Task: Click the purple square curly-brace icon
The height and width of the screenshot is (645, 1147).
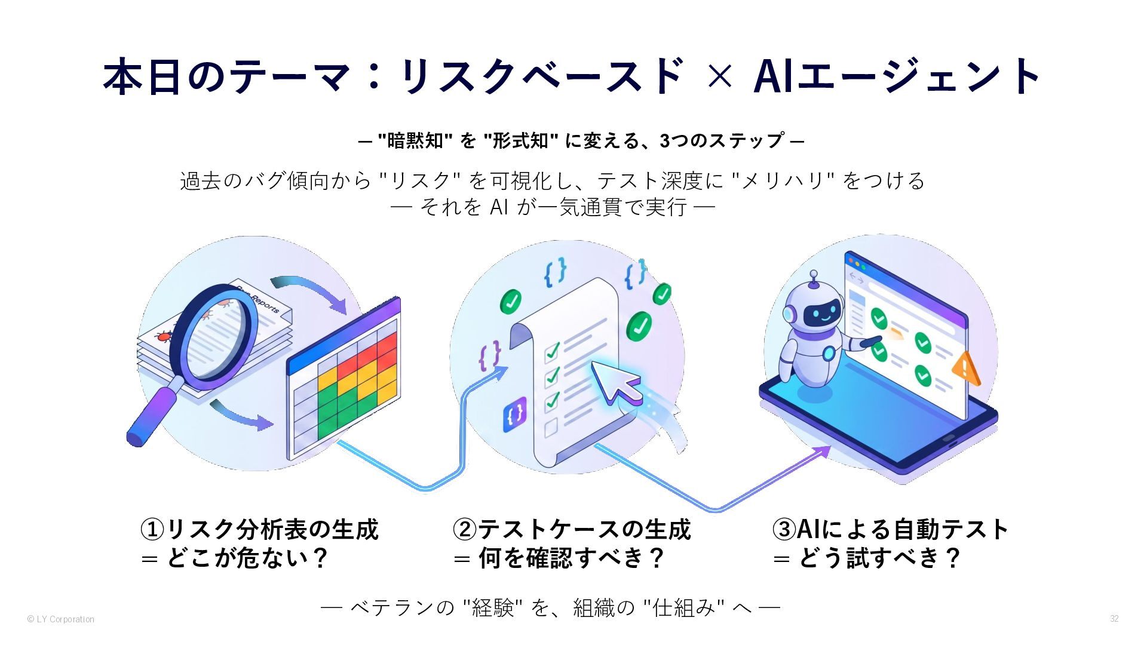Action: [515, 413]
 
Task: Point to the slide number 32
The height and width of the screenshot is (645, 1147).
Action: [1114, 619]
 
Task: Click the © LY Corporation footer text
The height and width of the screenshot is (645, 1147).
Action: [61, 619]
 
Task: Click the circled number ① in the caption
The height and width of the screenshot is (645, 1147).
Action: [152, 529]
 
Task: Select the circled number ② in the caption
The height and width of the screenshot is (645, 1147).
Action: [464, 529]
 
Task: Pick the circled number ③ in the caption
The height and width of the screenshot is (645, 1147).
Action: [784, 529]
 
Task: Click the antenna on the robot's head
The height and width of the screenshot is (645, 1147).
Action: [813, 279]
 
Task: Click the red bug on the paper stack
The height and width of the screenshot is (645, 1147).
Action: [163, 336]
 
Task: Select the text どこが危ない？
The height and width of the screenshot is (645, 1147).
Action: [248, 558]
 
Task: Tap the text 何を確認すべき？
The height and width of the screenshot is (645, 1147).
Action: [572, 558]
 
